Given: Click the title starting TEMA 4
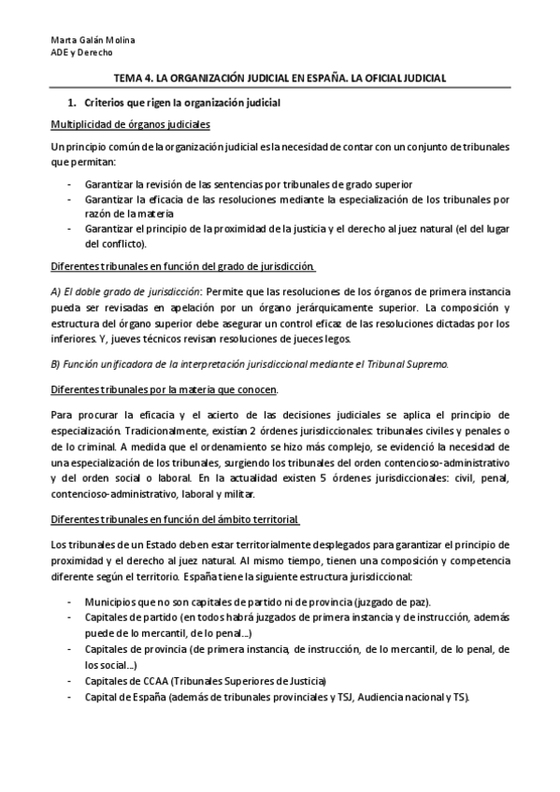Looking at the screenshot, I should click(280, 79).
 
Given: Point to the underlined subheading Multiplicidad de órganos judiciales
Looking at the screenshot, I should click(130, 124).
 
